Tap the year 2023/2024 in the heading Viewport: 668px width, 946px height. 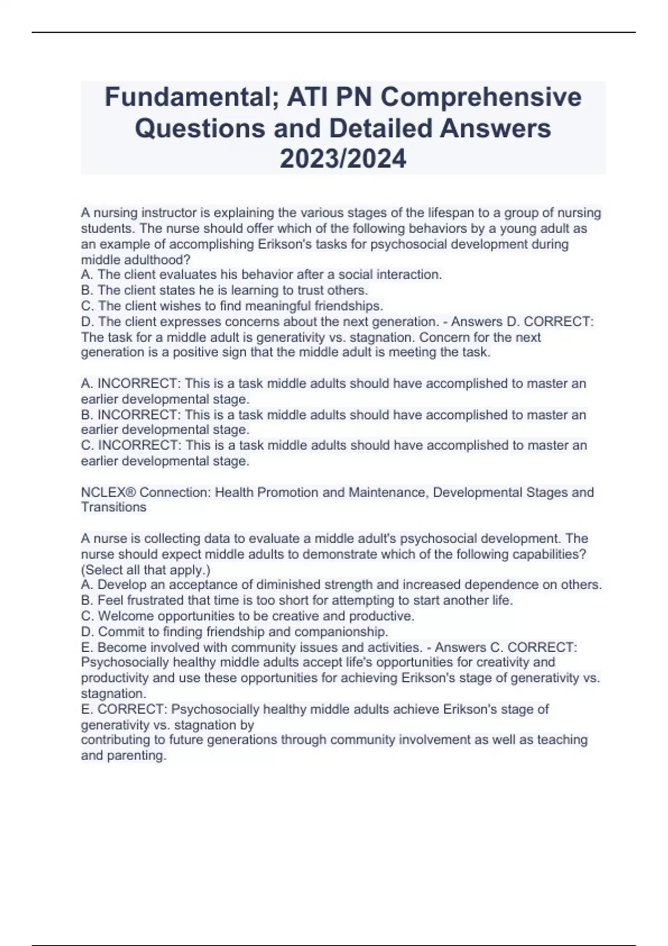click(343, 159)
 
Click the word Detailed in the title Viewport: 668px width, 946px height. click(381, 129)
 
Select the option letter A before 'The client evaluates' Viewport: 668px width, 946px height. click(86, 275)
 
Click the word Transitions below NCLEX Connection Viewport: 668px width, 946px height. click(114, 508)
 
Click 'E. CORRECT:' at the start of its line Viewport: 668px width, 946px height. click(125, 709)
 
